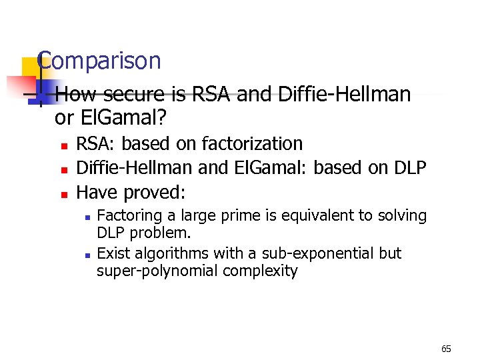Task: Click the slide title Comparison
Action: [100, 61]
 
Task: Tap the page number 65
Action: [446, 349]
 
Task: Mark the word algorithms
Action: [167, 253]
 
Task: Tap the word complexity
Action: [260, 271]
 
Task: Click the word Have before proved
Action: [96, 193]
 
